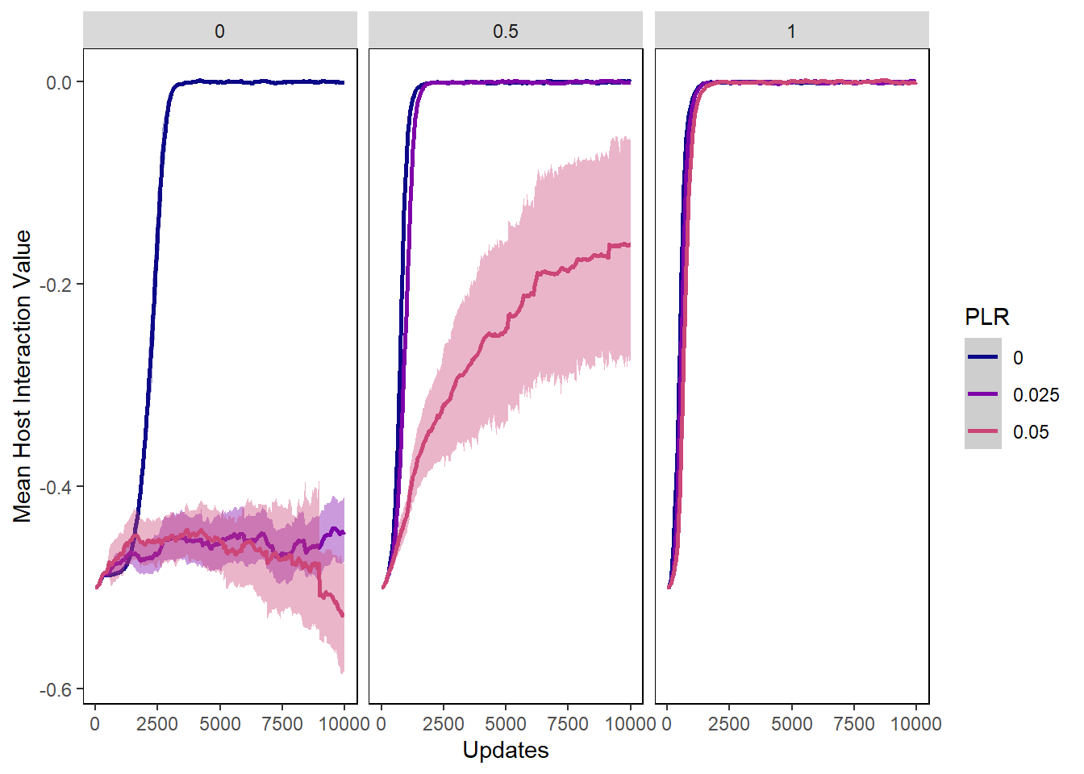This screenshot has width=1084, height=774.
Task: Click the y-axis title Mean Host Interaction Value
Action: pyautogui.click(x=22, y=376)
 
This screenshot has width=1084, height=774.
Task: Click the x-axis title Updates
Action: pyautogui.click(x=506, y=751)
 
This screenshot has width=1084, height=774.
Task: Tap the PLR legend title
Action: pyautogui.click(x=987, y=317)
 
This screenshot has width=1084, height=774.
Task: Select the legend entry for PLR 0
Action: pyautogui.click(x=1018, y=358)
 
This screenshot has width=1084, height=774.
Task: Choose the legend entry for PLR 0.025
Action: pyautogui.click(x=1036, y=395)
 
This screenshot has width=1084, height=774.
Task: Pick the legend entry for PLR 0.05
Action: pyautogui.click(x=1031, y=432)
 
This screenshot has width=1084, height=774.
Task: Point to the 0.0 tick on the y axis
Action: pyautogui.click(x=59, y=82)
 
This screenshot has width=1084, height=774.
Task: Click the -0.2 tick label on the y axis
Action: pyautogui.click(x=56, y=285)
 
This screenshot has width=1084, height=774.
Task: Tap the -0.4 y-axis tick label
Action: pyautogui.click(x=56, y=487)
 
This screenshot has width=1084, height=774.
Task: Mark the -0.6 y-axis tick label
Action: pyautogui.click(x=56, y=689)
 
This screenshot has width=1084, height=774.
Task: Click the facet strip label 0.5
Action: pyautogui.click(x=506, y=31)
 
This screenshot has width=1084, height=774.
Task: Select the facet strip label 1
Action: pyautogui.click(x=791, y=31)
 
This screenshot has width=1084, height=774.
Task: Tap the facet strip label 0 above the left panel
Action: pyautogui.click(x=219, y=31)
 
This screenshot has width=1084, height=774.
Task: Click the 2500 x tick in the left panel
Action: pyautogui.click(x=157, y=724)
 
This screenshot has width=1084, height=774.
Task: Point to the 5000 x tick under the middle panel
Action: pyautogui.click(x=506, y=724)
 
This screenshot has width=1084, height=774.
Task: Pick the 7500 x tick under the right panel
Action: pyautogui.click(x=853, y=724)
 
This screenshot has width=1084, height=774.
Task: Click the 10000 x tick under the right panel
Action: pyautogui.click(x=916, y=724)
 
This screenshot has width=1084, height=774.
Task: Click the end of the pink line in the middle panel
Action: pyautogui.click(x=630, y=244)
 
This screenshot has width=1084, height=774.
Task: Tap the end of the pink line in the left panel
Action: pyautogui.click(x=344, y=616)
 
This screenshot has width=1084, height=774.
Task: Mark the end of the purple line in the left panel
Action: pyautogui.click(x=344, y=532)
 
